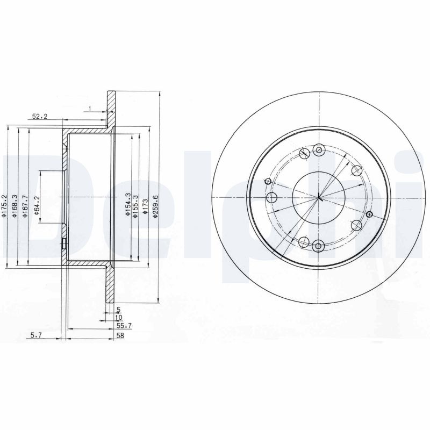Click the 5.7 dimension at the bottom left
click(37, 335)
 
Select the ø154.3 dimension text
click(127, 205)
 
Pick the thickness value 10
click(118, 318)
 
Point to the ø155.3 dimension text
click(137, 205)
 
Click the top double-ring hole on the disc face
click(319, 150)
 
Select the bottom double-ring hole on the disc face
click(318, 247)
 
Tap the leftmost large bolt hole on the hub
click(272, 197)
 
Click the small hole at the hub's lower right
click(369, 214)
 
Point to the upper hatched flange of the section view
click(111, 110)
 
